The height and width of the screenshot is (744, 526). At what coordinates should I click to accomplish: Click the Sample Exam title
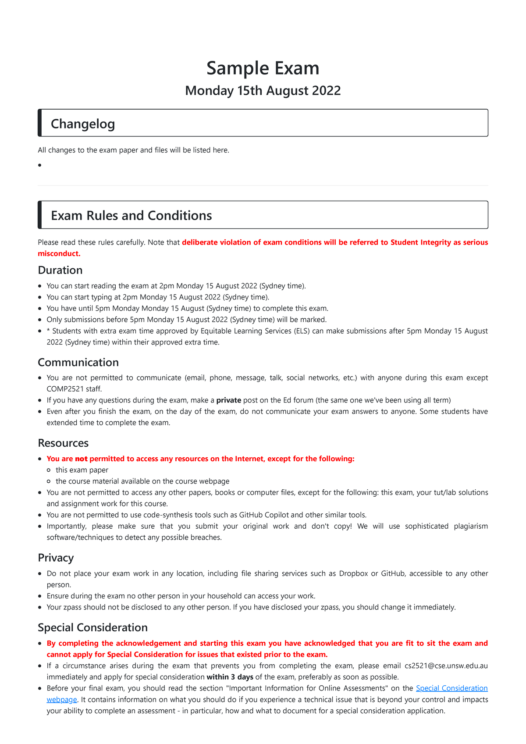(x=263, y=68)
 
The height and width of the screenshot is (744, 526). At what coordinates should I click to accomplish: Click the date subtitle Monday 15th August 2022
(x=263, y=91)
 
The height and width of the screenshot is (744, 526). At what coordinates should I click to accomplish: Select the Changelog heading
(x=83, y=124)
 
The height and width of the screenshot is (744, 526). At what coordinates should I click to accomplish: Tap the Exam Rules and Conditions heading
(x=131, y=215)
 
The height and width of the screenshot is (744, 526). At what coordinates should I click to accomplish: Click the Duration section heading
(x=60, y=270)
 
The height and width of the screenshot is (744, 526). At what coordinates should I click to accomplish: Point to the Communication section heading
(x=78, y=362)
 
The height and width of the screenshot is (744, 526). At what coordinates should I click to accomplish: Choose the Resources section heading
(x=63, y=443)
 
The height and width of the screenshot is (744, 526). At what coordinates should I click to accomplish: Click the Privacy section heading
(x=56, y=558)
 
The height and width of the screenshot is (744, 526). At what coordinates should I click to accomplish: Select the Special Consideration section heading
(x=92, y=627)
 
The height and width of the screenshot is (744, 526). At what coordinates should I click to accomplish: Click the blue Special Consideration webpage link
(x=451, y=688)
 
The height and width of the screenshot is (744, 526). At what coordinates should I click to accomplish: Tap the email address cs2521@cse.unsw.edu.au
(x=446, y=666)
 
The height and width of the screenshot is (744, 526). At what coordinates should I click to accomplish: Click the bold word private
(x=229, y=400)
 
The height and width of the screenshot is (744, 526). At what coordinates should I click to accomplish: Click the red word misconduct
(x=59, y=253)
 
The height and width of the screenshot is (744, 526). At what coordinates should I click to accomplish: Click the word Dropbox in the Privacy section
(x=353, y=573)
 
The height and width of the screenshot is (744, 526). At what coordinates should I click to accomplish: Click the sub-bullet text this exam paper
(x=82, y=470)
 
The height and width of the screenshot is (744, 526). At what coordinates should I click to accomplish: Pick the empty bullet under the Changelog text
(x=39, y=165)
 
